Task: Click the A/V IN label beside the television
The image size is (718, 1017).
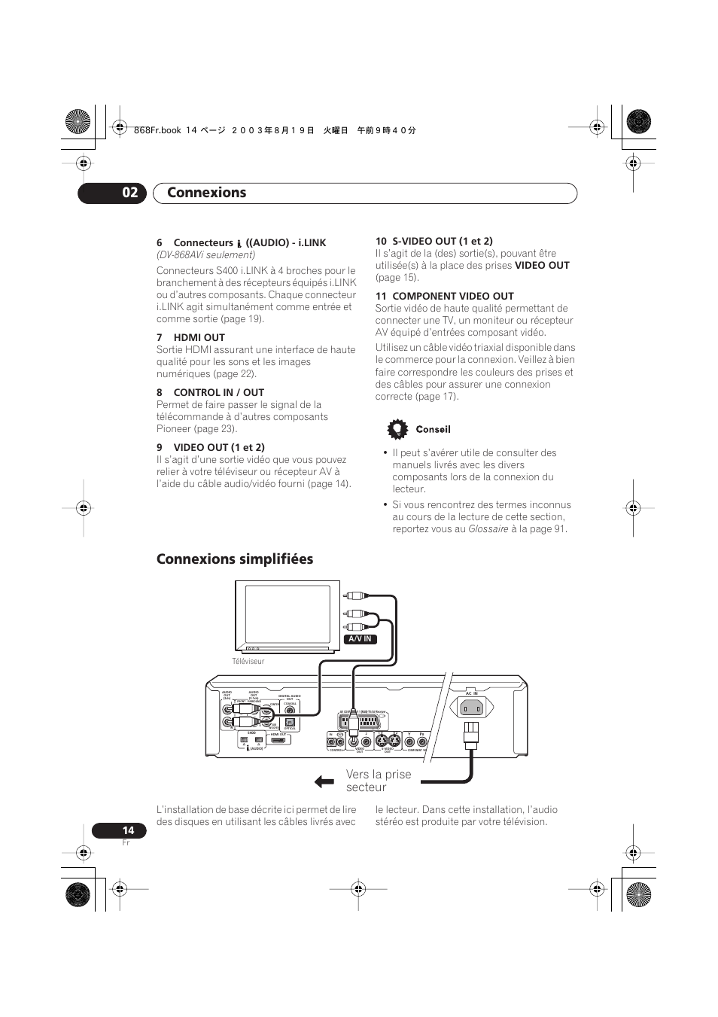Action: [360, 639]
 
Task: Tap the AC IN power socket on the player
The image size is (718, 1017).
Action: [471, 708]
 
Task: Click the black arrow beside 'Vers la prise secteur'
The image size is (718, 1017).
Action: [324, 781]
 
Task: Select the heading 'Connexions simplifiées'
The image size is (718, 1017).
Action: [235, 559]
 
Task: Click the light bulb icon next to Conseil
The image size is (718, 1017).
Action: [397, 429]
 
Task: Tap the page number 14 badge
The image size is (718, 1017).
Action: [120, 830]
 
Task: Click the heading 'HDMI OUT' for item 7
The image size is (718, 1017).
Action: [199, 337]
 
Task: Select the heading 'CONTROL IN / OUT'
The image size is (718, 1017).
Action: [218, 392]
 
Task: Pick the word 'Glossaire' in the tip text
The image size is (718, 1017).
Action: [488, 529]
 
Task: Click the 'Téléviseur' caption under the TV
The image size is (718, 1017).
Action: [248, 662]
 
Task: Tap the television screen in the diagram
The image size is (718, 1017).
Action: [287, 614]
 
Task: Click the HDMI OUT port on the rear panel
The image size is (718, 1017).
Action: [278, 741]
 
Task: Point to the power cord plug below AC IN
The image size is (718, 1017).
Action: [471, 733]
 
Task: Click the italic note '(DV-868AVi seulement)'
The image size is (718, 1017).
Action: [205, 254]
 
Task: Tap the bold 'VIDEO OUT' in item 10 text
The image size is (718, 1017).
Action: [542, 265]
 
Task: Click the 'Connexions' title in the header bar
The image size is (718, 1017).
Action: [206, 193]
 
